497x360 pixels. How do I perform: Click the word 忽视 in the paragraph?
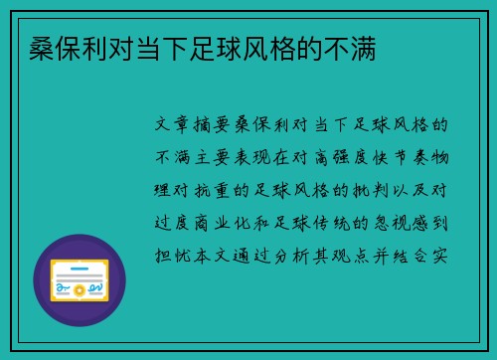397,221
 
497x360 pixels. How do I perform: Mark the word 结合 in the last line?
417,253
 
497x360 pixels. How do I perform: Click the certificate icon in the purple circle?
80,279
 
